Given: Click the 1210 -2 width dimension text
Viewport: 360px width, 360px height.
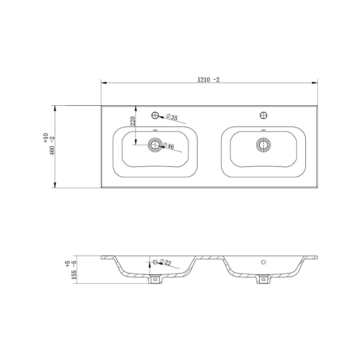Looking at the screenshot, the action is [208, 80].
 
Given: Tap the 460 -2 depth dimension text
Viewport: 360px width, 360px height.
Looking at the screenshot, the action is [52, 146].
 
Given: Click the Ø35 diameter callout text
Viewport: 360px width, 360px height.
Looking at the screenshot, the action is [172, 117].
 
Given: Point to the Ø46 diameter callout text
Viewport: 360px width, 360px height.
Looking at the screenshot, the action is [168, 146].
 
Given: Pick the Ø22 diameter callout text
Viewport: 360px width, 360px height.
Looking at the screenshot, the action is [165, 262].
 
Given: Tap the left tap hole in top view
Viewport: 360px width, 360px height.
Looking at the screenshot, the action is [155, 115].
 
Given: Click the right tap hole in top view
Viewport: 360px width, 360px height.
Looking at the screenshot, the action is [263, 115].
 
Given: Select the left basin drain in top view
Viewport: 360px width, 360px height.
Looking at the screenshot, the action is [155, 145].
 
